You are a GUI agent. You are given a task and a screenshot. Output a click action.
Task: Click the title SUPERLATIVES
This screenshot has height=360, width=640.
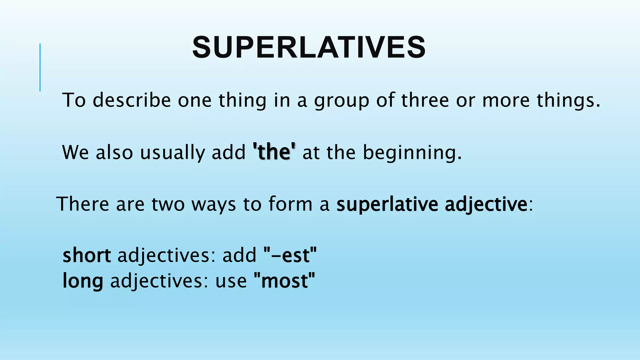click(x=309, y=47)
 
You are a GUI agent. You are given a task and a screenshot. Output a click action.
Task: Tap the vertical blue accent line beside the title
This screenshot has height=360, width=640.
click(x=40, y=67)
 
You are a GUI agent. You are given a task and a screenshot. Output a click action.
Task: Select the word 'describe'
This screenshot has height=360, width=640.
click(x=132, y=100)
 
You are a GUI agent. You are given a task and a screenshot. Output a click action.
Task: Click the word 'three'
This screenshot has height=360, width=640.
click(x=425, y=100)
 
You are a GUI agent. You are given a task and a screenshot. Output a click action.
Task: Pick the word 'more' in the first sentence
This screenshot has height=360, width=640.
click(x=506, y=100)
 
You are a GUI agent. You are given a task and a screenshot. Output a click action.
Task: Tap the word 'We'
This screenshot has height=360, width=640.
click(x=75, y=152)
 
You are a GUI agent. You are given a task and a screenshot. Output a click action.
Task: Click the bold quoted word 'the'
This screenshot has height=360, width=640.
click(x=274, y=152)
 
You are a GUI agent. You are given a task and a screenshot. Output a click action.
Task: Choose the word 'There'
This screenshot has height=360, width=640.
click(x=83, y=204)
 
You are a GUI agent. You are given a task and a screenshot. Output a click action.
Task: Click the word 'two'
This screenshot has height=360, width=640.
click(x=168, y=204)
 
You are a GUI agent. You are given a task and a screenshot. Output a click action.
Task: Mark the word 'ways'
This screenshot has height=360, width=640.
click(x=213, y=205)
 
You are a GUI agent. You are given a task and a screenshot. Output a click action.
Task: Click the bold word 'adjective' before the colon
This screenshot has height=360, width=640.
click(x=486, y=205)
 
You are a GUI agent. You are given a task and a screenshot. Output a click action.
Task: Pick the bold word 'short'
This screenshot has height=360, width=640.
click(x=87, y=255)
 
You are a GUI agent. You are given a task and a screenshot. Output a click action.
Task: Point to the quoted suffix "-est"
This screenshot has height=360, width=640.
click(x=290, y=255)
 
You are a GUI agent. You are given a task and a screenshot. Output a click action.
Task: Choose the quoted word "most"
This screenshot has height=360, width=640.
click(x=284, y=281)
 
